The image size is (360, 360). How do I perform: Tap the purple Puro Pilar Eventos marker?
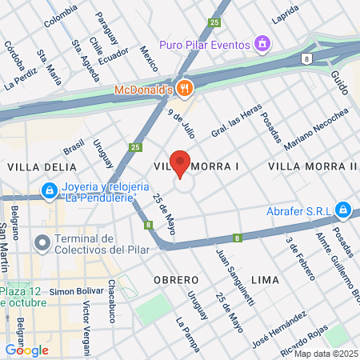tap(261, 43)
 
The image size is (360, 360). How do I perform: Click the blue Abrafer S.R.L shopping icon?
tap(343, 210)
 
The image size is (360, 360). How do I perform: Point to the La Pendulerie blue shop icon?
tap(50, 190)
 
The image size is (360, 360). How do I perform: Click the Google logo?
tap(26, 350)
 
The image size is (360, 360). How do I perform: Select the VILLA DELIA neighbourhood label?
tap(42, 166)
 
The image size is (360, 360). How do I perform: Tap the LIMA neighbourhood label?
tap(265, 279)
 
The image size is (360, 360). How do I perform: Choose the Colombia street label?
tap(61, 15)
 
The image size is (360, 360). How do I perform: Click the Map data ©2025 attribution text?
tap(325, 354)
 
